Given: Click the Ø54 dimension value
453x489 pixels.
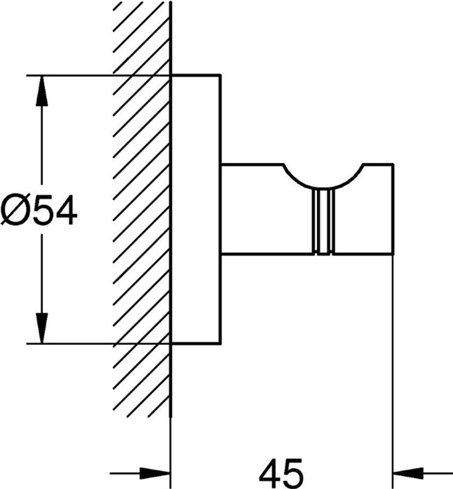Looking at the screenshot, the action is [39, 211].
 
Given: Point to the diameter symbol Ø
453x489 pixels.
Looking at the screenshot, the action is [13, 211].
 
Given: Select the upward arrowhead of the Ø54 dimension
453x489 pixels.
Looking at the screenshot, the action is [42, 91].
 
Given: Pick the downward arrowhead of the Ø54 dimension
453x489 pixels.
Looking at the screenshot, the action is [42, 328].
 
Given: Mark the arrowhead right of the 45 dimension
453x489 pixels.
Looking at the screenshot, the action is [406, 473].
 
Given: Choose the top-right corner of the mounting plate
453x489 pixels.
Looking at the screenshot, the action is [220, 75].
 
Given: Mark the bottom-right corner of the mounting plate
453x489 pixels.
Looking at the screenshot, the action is [220, 343].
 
